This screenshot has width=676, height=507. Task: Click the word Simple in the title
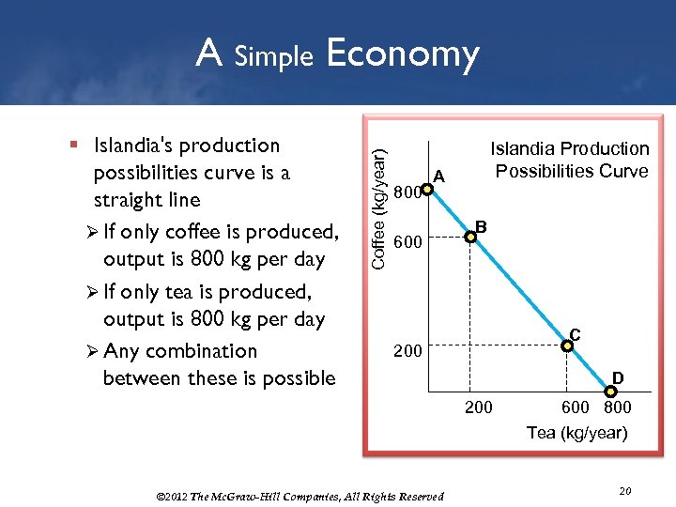[x=273, y=56]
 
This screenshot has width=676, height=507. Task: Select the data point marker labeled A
[x=426, y=190]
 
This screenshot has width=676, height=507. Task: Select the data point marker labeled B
[x=472, y=238]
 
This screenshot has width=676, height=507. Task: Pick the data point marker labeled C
[x=567, y=345]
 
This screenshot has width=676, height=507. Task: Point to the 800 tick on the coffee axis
[x=406, y=193]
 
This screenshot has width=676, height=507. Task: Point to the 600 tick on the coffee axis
[x=408, y=242]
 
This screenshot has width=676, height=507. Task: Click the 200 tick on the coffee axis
[x=408, y=350]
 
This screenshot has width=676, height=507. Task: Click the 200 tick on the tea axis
[x=477, y=407]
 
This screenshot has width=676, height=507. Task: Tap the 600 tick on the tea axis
[x=576, y=407]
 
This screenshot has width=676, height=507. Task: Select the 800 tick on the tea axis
[x=617, y=407]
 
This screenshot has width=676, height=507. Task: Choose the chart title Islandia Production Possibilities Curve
[x=571, y=160]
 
